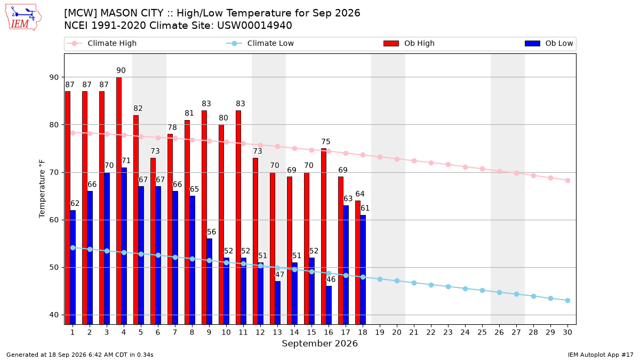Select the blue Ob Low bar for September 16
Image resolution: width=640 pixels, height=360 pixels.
pyautogui.click(x=329, y=305)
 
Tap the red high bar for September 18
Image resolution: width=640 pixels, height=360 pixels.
pyautogui.click(x=358, y=262)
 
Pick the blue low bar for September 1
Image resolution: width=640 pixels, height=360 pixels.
pyautogui.click(x=73, y=267)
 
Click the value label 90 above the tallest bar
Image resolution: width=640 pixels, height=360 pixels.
pyautogui.click(x=121, y=70)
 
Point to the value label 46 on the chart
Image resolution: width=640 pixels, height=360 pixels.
pyautogui.click(x=331, y=279)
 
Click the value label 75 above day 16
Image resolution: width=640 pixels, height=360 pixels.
pyautogui.click(x=326, y=142)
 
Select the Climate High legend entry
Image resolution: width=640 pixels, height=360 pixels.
pyautogui.click(x=101, y=43)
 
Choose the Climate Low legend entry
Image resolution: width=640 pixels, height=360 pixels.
pyautogui.click(x=260, y=43)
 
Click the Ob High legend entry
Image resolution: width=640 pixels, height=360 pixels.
pyautogui.click(x=409, y=43)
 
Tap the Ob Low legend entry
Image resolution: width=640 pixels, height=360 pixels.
pyautogui.click(x=549, y=43)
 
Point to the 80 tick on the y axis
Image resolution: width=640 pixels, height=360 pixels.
pyautogui.click(x=54, y=125)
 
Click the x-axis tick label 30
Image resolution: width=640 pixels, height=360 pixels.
pyautogui.click(x=567, y=332)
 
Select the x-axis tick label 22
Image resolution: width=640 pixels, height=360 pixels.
pyautogui.click(x=431, y=332)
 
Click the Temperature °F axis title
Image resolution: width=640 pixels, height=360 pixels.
pyautogui.click(x=42, y=189)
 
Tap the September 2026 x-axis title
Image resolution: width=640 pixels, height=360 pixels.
pyautogui.click(x=319, y=343)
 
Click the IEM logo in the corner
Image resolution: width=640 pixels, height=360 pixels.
pyautogui.click(x=23, y=18)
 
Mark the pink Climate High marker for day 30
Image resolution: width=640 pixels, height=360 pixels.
pyautogui.click(x=567, y=181)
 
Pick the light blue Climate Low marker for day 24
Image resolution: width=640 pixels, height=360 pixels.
pyautogui.click(x=465, y=289)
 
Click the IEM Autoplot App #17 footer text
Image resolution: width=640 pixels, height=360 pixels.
pyautogui.click(x=601, y=355)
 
